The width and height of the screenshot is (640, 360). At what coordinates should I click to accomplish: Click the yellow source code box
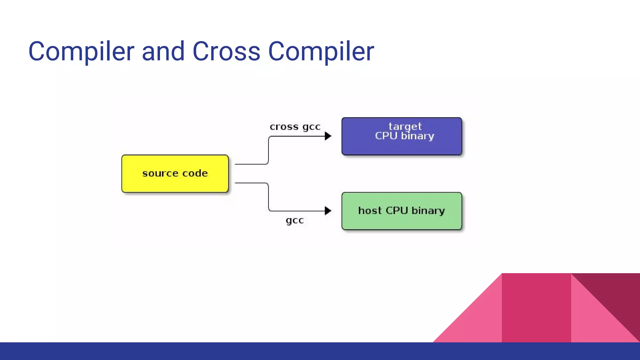click(175, 173)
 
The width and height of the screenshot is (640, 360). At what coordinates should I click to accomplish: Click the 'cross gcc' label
click(295, 127)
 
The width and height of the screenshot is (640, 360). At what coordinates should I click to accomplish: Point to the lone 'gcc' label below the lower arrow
click(295, 220)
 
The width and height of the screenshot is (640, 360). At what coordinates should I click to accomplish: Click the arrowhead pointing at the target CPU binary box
click(328, 136)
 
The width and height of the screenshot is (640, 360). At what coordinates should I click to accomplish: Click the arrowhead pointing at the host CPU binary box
click(328, 211)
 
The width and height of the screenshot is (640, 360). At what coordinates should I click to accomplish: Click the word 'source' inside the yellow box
click(160, 173)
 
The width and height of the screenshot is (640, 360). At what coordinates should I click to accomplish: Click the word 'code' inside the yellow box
click(195, 173)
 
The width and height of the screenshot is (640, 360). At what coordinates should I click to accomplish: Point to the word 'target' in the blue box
click(405, 126)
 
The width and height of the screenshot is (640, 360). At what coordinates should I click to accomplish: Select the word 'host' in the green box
click(370, 210)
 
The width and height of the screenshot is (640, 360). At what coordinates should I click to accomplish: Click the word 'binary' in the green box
click(428, 211)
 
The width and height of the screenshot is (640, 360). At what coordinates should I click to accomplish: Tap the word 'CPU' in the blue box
click(386, 136)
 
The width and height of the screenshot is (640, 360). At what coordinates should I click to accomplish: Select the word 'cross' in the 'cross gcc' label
click(284, 127)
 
